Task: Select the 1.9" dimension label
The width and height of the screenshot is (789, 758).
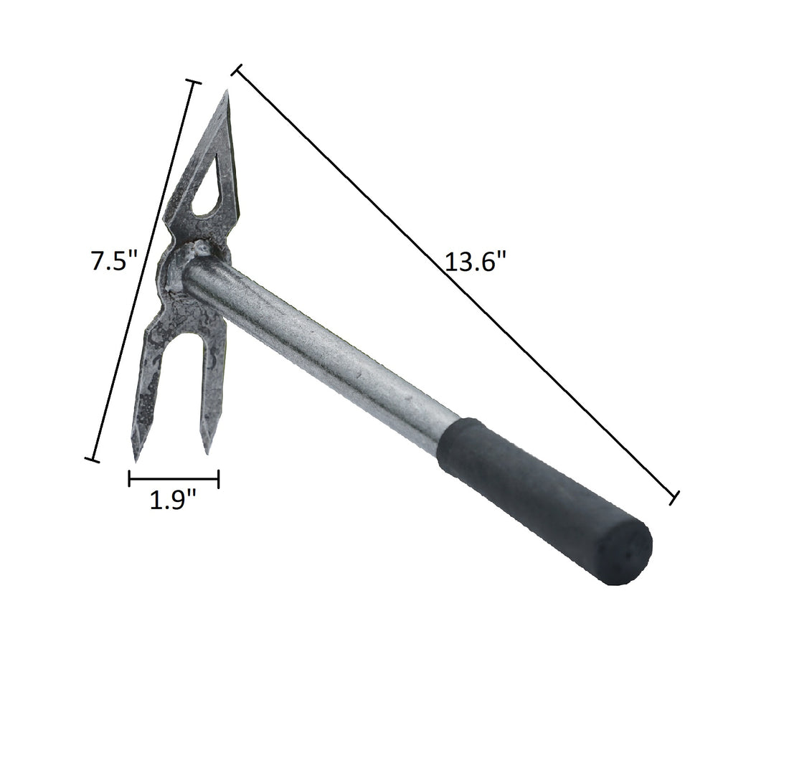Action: click(x=173, y=500)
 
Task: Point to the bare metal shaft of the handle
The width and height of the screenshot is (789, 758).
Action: click(x=323, y=344)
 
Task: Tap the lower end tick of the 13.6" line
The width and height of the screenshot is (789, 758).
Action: click(x=674, y=497)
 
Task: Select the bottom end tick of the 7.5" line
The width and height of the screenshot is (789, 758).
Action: click(x=91, y=459)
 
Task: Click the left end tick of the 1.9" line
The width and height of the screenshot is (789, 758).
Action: click(x=130, y=478)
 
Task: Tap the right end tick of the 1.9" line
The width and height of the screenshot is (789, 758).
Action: click(x=218, y=478)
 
